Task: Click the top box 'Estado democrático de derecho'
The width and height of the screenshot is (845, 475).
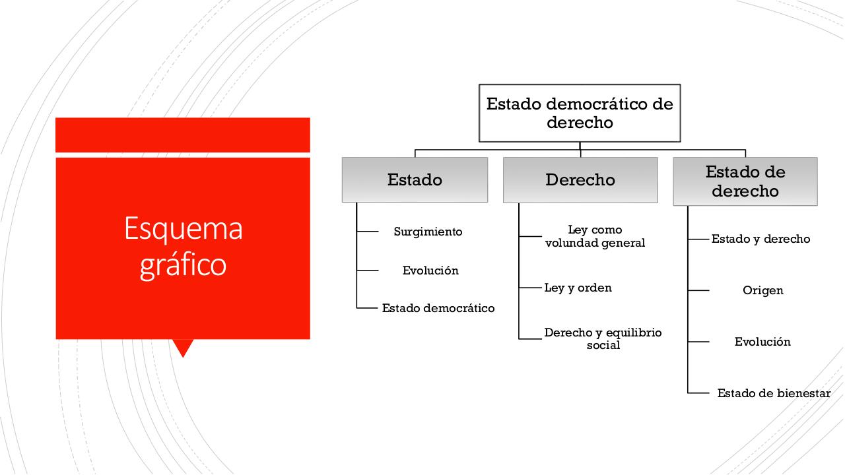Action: [580, 113]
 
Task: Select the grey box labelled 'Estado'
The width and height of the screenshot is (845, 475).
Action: [415, 179]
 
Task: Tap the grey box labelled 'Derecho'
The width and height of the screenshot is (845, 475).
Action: [580, 179]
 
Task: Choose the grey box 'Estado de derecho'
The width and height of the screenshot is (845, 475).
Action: [745, 181]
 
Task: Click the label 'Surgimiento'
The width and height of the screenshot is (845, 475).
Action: [428, 232]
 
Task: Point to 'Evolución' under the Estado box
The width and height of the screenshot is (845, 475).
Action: [430, 270]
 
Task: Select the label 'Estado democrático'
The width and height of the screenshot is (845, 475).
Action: [438, 308]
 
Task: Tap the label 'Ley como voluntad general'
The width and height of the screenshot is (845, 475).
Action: [595, 236]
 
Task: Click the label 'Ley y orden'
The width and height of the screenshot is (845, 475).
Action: [578, 288]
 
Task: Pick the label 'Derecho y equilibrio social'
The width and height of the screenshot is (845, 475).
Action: [603, 338]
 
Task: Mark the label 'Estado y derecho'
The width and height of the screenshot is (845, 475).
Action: [760, 239]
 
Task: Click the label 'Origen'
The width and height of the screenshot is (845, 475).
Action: [762, 290]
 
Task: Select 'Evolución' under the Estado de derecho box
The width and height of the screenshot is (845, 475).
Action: [762, 342]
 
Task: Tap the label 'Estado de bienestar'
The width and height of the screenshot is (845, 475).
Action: [774, 393]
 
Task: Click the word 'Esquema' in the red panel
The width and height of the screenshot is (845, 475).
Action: [183, 228]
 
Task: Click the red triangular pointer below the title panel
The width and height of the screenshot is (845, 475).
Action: [182, 347]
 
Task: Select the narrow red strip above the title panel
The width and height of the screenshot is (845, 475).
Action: [183, 135]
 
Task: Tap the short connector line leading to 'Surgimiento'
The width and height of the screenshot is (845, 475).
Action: [368, 232]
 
